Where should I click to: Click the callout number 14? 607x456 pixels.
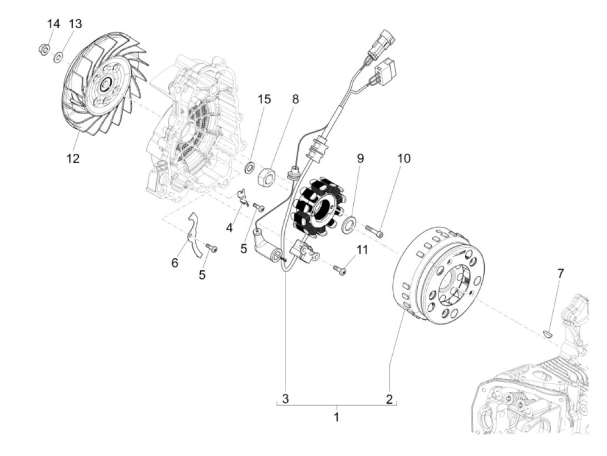click(x=53, y=24)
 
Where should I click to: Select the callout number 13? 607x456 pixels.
click(x=75, y=24)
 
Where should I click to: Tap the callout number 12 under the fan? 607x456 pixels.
click(x=73, y=159)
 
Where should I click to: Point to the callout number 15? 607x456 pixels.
click(x=264, y=99)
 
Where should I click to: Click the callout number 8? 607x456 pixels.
click(x=295, y=99)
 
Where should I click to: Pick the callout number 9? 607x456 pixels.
click(x=360, y=158)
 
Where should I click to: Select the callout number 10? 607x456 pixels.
click(x=403, y=158)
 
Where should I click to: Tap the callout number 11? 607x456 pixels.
click(x=362, y=250)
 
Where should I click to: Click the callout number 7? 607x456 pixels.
click(x=561, y=274)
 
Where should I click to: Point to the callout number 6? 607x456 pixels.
click(x=175, y=263)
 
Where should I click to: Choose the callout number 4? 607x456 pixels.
click(x=229, y=227)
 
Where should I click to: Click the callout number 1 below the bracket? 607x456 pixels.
click(x=336, y=417)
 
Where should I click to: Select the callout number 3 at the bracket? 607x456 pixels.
click(x=285, y=398)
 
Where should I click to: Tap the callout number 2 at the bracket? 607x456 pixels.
click(x=389, y=399)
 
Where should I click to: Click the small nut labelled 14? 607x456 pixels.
click(x=44, y=48)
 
